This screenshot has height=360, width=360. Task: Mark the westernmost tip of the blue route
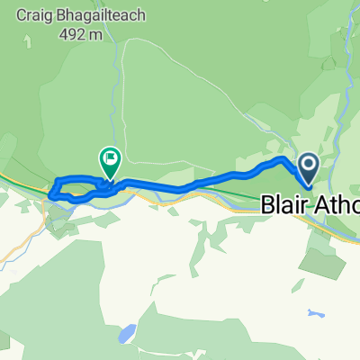[x=51, y=190]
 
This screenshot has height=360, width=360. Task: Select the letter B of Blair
[x=267, y=205]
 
